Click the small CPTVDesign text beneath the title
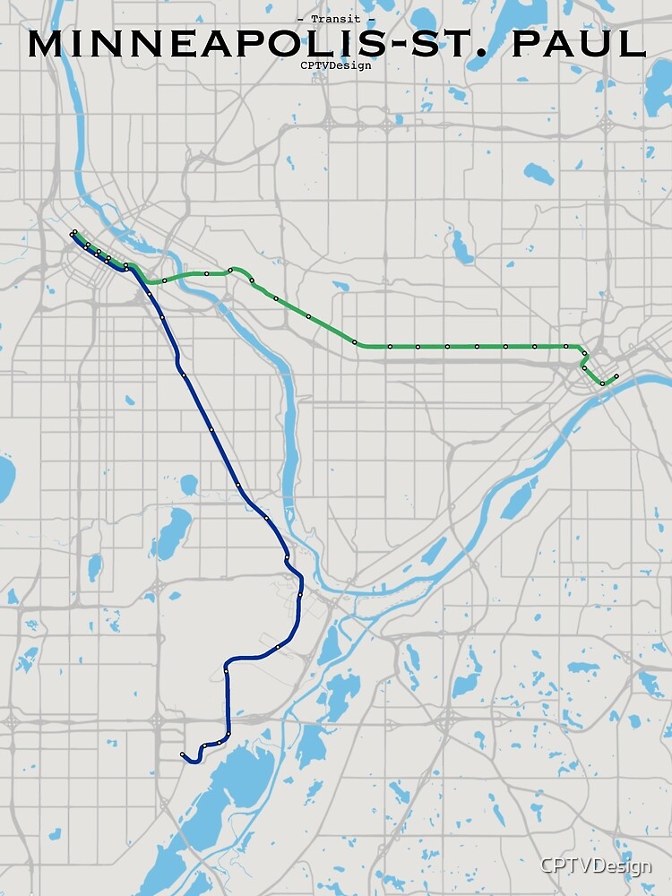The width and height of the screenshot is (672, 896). (336, 65)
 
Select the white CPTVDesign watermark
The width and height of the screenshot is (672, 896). (595, 866)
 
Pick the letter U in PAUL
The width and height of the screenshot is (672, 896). (608, 44)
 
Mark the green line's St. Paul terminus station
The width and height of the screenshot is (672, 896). (616, 375)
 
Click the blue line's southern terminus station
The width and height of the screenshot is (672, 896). (182, 754)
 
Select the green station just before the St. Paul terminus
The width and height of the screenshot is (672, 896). (602, 383)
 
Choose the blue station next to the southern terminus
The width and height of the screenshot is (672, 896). (204, 745)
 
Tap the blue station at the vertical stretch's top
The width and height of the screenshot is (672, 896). (227, 668)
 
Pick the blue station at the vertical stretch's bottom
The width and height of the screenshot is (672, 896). (228, 734)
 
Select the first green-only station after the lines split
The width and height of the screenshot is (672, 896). (164, 280)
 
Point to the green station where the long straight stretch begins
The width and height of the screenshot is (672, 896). (355, 342)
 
